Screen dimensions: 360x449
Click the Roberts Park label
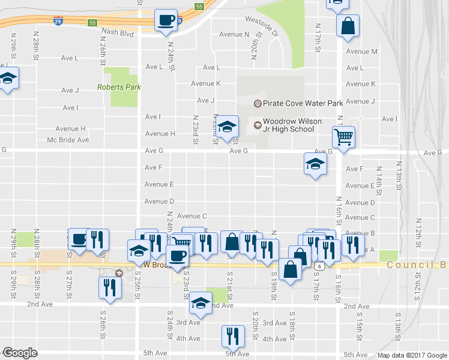click(119, 87)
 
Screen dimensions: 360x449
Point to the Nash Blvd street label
click(118, 34)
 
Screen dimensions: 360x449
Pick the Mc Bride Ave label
click(68, 140)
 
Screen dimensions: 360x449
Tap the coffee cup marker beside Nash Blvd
click(166, 21)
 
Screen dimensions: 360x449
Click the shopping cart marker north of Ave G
click(343, 137)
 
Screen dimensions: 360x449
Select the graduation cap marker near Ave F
click(315, 163)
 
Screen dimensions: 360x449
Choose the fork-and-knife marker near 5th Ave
click(232, 337)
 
